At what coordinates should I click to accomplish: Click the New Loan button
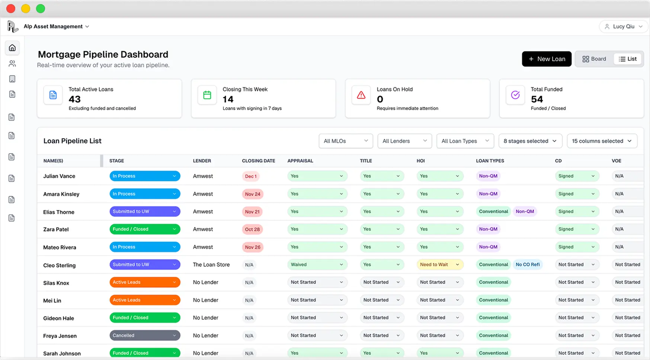546,59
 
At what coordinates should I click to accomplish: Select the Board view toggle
594,59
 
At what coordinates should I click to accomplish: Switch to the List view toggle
628,59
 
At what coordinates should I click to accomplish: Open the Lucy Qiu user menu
623,26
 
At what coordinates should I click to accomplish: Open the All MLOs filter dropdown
345,141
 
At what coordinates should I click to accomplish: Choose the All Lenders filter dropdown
404,141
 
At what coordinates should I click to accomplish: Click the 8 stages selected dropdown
530,141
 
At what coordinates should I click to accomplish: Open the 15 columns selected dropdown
602,141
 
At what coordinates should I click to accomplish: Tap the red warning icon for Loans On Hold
361,95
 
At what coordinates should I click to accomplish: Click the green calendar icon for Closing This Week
207,95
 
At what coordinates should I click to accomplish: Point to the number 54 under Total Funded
537,99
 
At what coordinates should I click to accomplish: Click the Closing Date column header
258,161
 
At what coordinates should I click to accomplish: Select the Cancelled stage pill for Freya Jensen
144,335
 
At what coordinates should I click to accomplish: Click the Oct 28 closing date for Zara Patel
252,229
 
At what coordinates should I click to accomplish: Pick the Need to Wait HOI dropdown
439,265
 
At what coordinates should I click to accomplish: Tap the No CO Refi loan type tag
527,265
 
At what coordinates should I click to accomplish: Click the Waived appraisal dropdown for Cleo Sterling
317,265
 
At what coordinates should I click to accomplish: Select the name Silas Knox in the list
56,283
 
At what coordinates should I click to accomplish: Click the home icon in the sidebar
12,48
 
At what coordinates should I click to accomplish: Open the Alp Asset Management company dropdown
56,26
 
